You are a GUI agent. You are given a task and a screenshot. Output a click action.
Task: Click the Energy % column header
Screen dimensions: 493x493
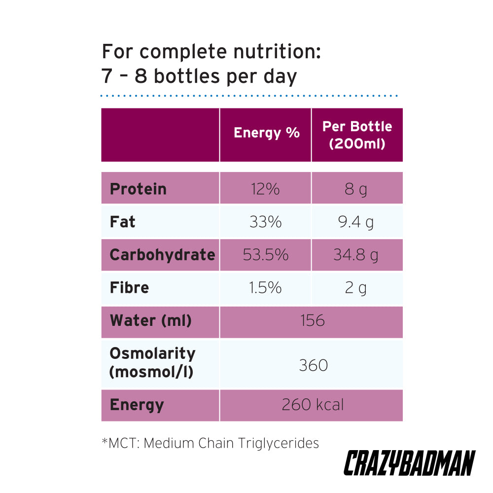coord(266,133)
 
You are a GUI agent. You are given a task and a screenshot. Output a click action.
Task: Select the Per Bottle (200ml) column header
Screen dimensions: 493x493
coord(357,135)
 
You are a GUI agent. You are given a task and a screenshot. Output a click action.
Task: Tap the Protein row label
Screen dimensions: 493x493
coord(138,189)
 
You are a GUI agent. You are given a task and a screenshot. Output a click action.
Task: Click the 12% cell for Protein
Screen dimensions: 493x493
coord(265,189)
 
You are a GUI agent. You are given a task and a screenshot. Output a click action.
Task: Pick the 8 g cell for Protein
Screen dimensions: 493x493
coord(356,189)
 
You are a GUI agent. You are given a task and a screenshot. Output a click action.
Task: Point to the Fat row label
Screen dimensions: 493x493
coord(123,222)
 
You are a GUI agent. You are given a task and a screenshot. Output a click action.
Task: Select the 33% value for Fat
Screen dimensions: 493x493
coord(265,222)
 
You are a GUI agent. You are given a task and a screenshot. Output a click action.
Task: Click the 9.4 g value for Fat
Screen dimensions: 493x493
coord(356,222)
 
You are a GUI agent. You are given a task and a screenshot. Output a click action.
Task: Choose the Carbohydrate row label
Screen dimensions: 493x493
coord(162,255)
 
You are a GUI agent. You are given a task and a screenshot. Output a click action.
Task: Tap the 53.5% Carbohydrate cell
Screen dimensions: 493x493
coord(265,255)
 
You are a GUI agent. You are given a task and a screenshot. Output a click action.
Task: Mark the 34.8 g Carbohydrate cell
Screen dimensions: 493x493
coord(356,255)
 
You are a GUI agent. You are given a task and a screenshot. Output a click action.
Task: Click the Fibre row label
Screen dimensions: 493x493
coord(129,287)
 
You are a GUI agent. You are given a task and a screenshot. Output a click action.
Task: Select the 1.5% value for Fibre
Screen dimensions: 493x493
coord(265,287)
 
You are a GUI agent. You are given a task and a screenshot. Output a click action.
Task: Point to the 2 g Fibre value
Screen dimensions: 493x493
coord(356,287)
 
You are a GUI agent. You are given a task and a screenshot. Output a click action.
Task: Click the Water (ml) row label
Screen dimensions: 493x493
coord(150,320)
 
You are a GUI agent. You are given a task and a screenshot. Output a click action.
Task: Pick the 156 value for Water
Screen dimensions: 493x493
coord(313,320)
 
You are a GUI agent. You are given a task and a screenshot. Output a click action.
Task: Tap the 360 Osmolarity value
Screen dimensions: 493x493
coord(313,365)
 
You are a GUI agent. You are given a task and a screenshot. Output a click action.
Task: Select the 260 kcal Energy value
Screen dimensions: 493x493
coord(313,405)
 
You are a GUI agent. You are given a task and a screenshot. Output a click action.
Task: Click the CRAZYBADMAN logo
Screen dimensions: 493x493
coord(409,463)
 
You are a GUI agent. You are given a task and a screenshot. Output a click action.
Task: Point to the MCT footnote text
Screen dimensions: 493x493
coord(211,443)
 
